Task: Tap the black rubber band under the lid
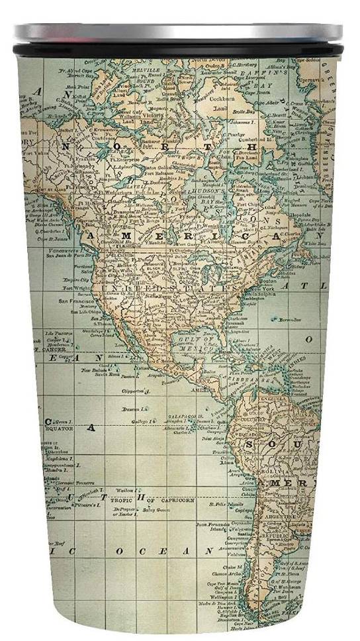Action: coord(179,48)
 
